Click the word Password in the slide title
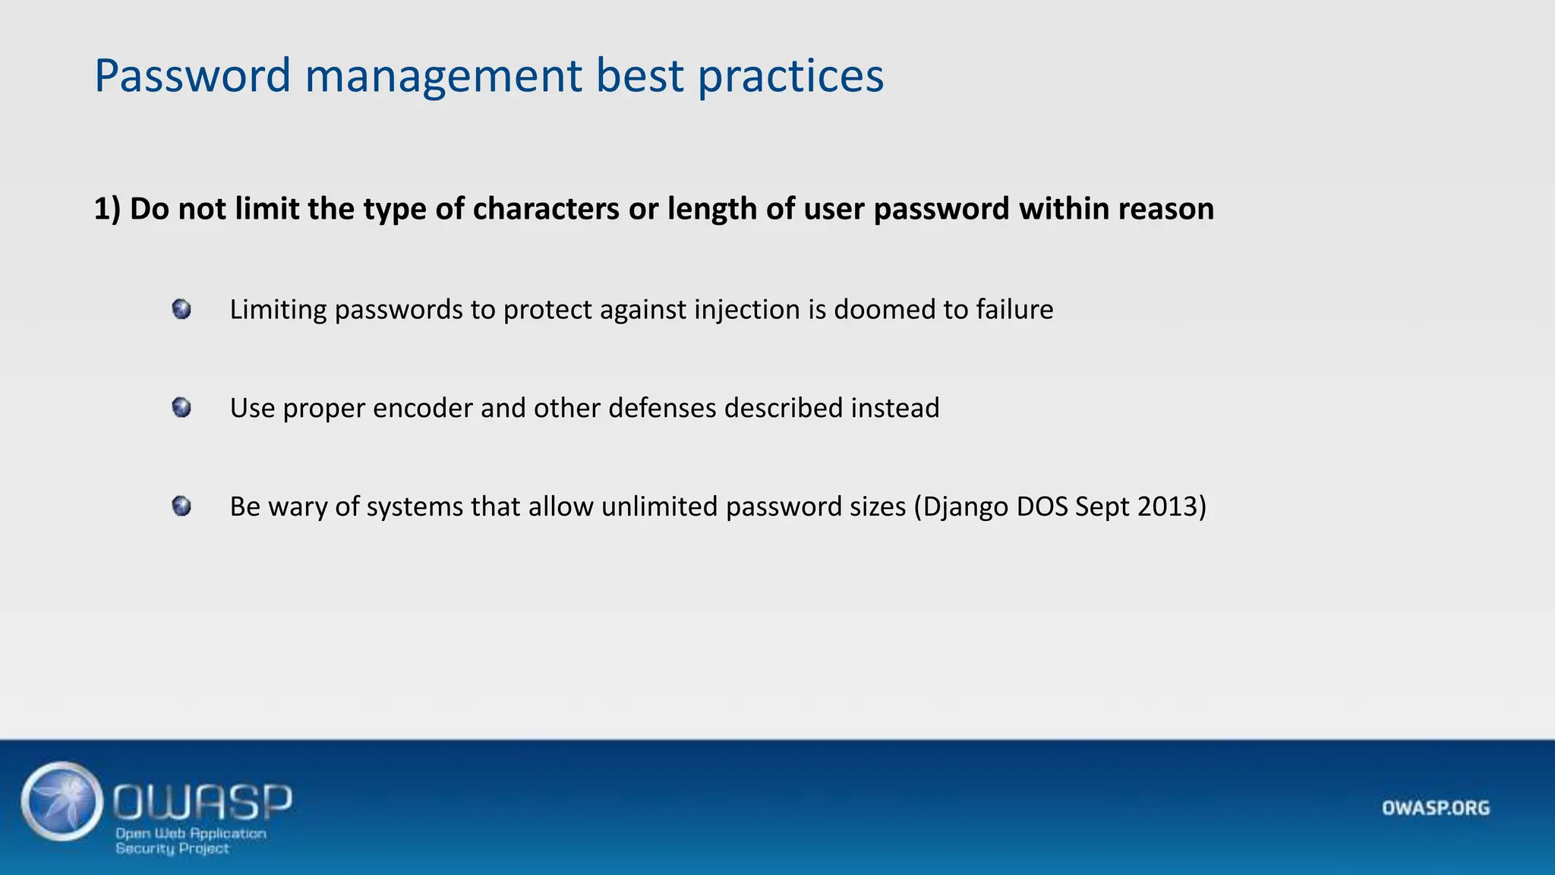[192, 76]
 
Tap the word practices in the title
[790, 76]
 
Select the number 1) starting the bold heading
[107, 209]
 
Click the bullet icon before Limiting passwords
[181, 309]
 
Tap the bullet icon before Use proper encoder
[181, 408]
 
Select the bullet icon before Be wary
[181, 506]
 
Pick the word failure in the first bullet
[1014, 310]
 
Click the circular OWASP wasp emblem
[62, 801]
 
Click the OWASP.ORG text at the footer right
[1435, 807]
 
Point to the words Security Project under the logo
[172, 848]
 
